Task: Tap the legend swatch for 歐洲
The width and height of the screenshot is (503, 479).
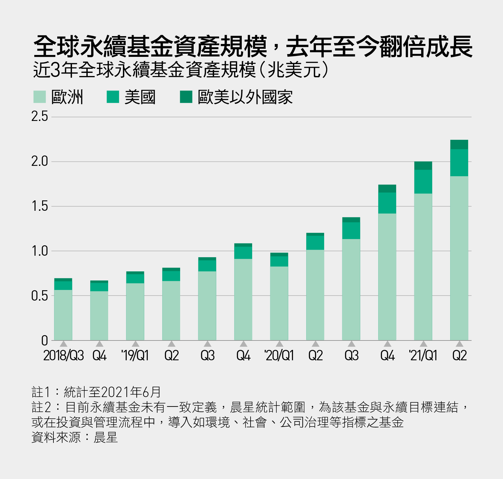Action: (40, 97)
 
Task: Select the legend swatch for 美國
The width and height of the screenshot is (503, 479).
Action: (113, 97)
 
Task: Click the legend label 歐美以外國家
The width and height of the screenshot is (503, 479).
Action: (245, 97)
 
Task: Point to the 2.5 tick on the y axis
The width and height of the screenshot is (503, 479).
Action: (40, 117)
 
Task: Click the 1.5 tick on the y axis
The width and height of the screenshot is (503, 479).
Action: (40, 206)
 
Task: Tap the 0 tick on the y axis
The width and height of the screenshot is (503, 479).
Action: (44, 340)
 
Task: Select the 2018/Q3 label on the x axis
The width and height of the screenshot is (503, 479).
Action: (64, 356)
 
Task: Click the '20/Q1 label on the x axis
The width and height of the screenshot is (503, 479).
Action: (279, 356)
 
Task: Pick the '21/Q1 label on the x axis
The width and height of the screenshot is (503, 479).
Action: (423, 356)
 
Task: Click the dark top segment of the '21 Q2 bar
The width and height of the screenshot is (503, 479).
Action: (459, 144)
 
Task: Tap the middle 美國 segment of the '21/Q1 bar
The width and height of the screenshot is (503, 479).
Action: (423, 182)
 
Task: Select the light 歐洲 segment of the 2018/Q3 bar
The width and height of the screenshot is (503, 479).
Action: (63, 315)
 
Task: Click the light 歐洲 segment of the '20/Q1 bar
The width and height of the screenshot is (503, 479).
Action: (279, 303)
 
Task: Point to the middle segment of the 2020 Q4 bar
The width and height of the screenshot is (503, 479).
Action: (387, 203)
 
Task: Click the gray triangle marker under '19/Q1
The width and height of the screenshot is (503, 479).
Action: (135, 344)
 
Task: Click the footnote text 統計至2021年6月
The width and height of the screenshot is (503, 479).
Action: (112, 392)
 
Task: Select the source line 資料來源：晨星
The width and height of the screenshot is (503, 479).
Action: (75, 437)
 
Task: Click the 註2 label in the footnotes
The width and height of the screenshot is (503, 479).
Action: (41, 407)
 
